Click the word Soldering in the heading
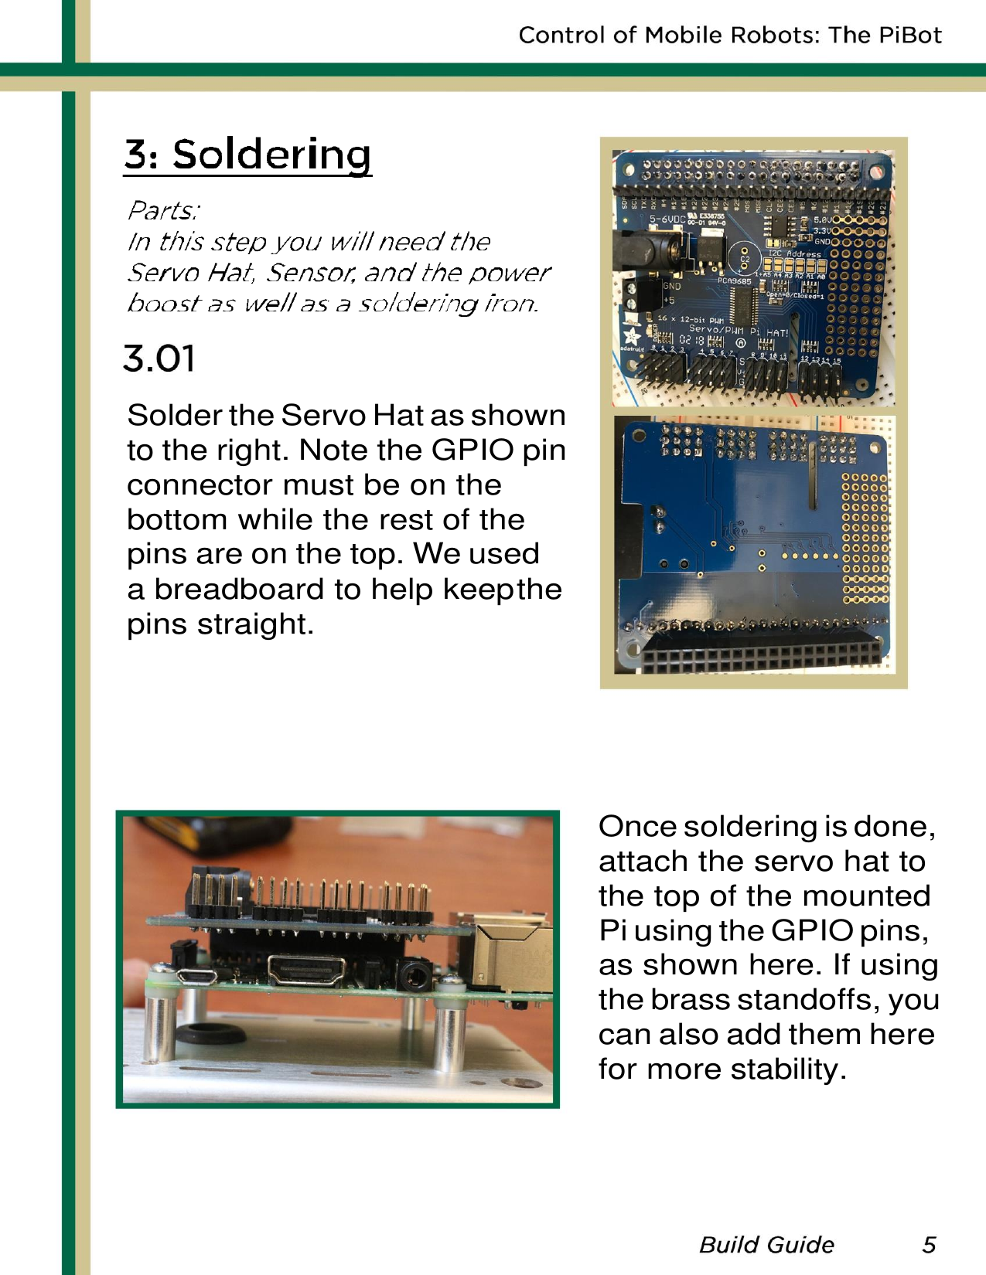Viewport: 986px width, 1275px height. click(271, 155)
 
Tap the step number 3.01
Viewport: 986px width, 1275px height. click(159, 359)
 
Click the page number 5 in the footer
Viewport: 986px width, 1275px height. click(929, 1244)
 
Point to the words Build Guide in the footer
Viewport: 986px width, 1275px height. click(766, 1244)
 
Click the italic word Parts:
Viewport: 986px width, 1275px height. click(164, 210)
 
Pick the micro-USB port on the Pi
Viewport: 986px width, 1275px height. click(197, 975)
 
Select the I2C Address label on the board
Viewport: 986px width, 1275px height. click(794, 253)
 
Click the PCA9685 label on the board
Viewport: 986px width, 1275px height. click(734, 281)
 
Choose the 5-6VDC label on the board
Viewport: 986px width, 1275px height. click(667, 219)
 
